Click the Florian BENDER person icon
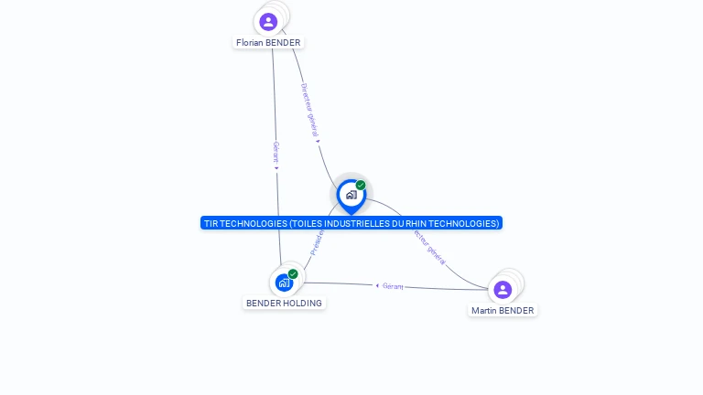tap(268, 21)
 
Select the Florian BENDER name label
tap(268, 43)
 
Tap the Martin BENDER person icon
tap(503, 290)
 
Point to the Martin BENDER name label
tap(503, 311)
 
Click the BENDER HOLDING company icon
tap(284, 283)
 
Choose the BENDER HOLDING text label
tap(284, 303)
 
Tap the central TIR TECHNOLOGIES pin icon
tap(351, 195)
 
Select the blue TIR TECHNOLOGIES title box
tap(351, 223)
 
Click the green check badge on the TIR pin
tap(361, 186)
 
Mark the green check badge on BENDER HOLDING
tap(293, 273)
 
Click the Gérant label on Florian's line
tap(276, 152)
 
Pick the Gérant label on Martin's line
tap(393, 286)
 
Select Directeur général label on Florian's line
tap(308, 110)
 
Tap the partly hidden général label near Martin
tap(430, 248)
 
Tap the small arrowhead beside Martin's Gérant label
tap(377, 285)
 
